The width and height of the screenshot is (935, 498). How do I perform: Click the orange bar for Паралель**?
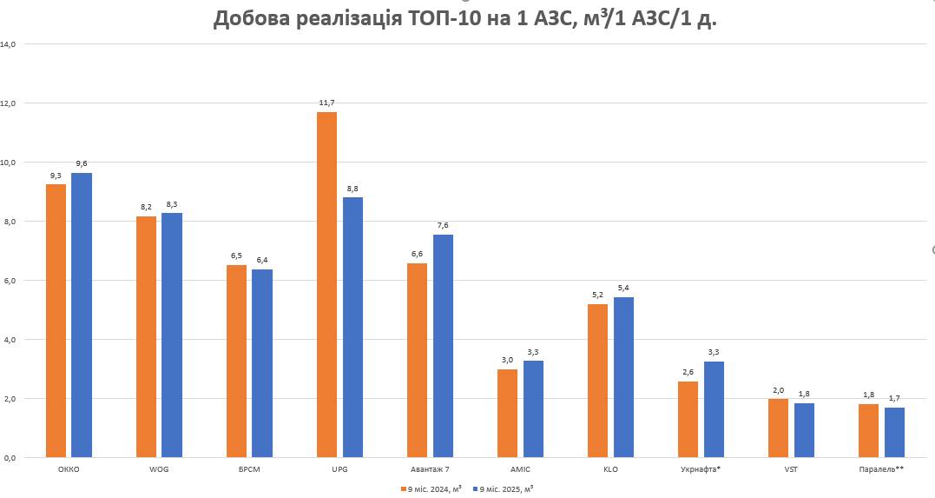(868, 430)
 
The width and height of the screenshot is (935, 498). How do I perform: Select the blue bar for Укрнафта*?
(714, 408)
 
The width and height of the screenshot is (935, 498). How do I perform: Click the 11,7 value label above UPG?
(326, 103)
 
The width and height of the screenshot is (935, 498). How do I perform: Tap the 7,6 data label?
(443, 225)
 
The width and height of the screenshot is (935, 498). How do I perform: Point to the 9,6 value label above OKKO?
(82, 163)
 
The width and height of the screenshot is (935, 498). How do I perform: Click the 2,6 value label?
(688, 372)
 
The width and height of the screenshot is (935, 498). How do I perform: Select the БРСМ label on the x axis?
(249, 470)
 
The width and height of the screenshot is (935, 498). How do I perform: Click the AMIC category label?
(520, 470)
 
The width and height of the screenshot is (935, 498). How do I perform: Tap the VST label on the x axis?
(791, 470)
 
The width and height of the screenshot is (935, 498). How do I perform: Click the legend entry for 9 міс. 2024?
(431, 488)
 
